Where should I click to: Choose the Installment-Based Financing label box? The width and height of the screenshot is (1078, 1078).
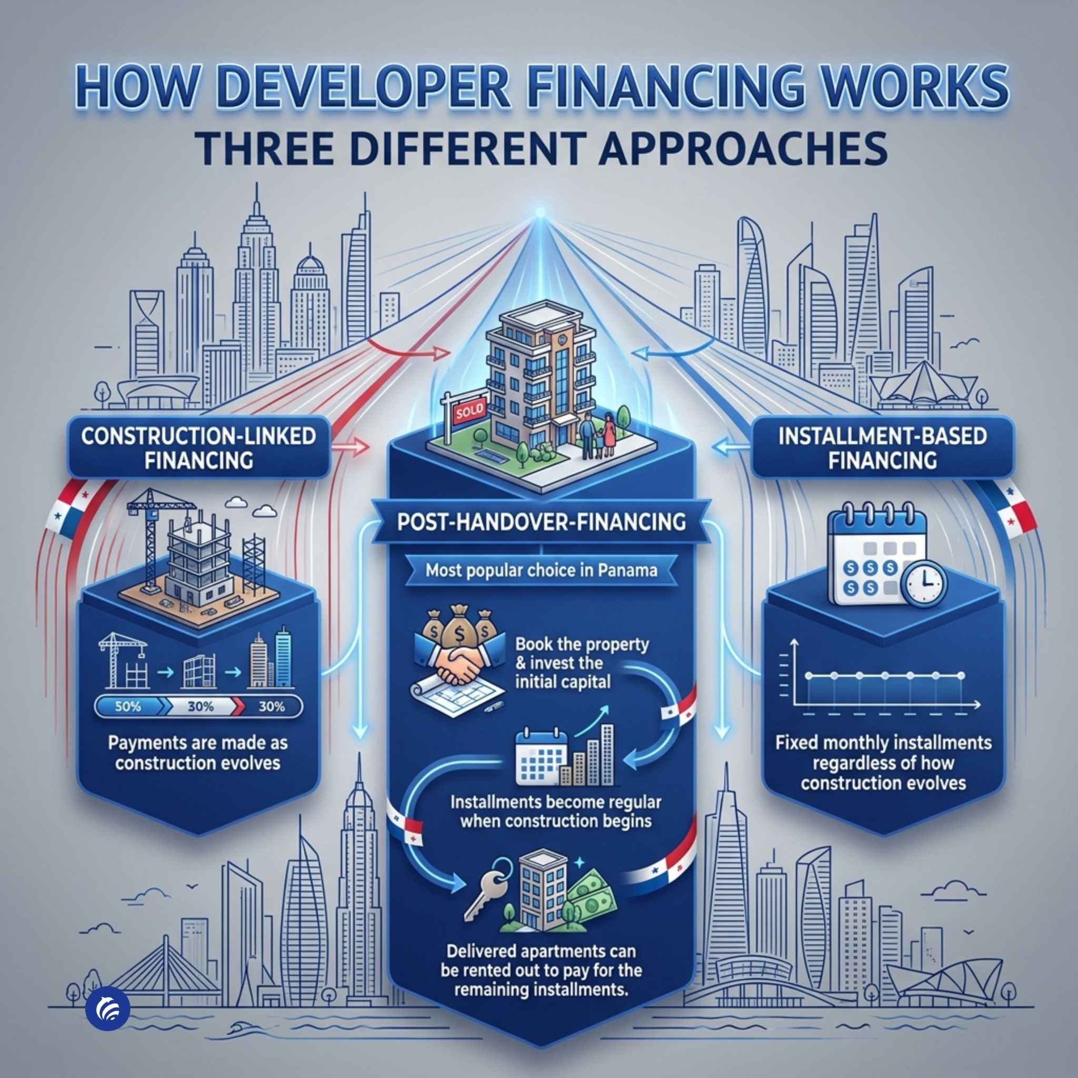tap(882, 448)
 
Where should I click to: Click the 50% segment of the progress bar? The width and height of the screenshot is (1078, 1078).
tap(128, 706)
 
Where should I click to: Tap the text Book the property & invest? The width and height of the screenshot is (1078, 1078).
tap(582, 653)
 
